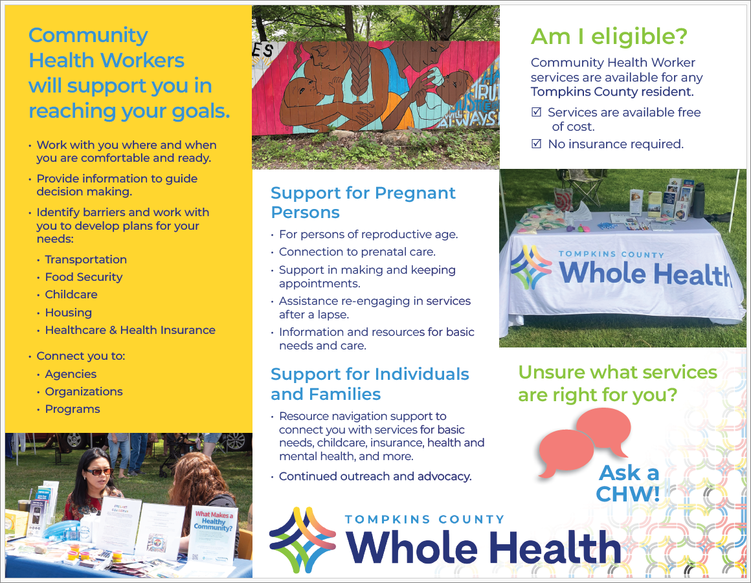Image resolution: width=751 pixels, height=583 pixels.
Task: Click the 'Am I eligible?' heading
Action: (x=609, y=37)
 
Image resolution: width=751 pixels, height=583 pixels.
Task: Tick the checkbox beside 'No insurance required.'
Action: (x=537, y=144)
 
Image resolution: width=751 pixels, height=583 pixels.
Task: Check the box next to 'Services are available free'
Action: (x=537, y=112)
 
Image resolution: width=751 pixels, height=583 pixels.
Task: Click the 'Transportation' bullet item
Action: (x=85, y=259)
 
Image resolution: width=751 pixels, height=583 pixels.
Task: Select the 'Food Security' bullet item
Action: (x=84, y=277)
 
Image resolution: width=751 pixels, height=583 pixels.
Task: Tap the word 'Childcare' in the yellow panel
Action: (x=71, y=294)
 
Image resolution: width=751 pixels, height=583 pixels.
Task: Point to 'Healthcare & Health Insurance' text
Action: (x=130, y=330)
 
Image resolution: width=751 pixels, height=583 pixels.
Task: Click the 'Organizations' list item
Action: (x=84, y=391)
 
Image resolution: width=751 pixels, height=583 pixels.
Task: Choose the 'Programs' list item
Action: (x=73, y=409)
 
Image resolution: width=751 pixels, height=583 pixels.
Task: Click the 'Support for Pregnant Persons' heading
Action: (x=363, y=203)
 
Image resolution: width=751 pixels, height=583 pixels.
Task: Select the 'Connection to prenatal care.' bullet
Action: (x=357, y=252)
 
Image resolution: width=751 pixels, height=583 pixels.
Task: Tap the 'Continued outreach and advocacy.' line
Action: (x=375, y=476)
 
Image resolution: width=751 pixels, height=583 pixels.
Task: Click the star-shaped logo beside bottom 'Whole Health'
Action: (x=302, y=540)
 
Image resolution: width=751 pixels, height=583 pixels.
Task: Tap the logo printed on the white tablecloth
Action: (x=531, y=267)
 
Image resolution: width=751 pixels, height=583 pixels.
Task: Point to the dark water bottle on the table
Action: (x=699, y=201)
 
